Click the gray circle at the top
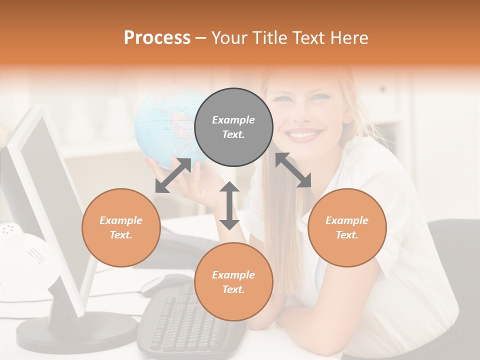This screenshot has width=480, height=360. (233, 127)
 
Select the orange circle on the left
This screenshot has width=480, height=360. (121, 227)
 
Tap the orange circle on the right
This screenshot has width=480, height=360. (347, 227)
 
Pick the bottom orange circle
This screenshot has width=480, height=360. (233, 282)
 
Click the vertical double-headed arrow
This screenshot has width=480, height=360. (229, 205)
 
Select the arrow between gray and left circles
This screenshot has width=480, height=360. (173, 175)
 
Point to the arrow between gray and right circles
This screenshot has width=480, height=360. (293, 170)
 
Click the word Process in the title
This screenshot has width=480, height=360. (157, 38)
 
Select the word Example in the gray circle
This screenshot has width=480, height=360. (233, 120)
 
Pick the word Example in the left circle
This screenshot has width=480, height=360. (121, 220)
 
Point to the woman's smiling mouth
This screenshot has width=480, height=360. (303, 134)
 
